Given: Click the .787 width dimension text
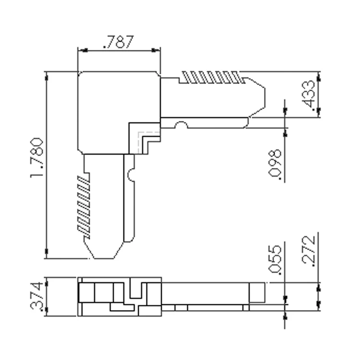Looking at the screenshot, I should (x=119, y=42).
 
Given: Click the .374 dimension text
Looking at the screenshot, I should (x=37, y=297).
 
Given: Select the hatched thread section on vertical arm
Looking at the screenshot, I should (x=84, y=206).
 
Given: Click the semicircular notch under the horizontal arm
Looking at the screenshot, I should (x=181, y=126).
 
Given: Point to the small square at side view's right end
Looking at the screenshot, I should (x=257, y=292).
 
